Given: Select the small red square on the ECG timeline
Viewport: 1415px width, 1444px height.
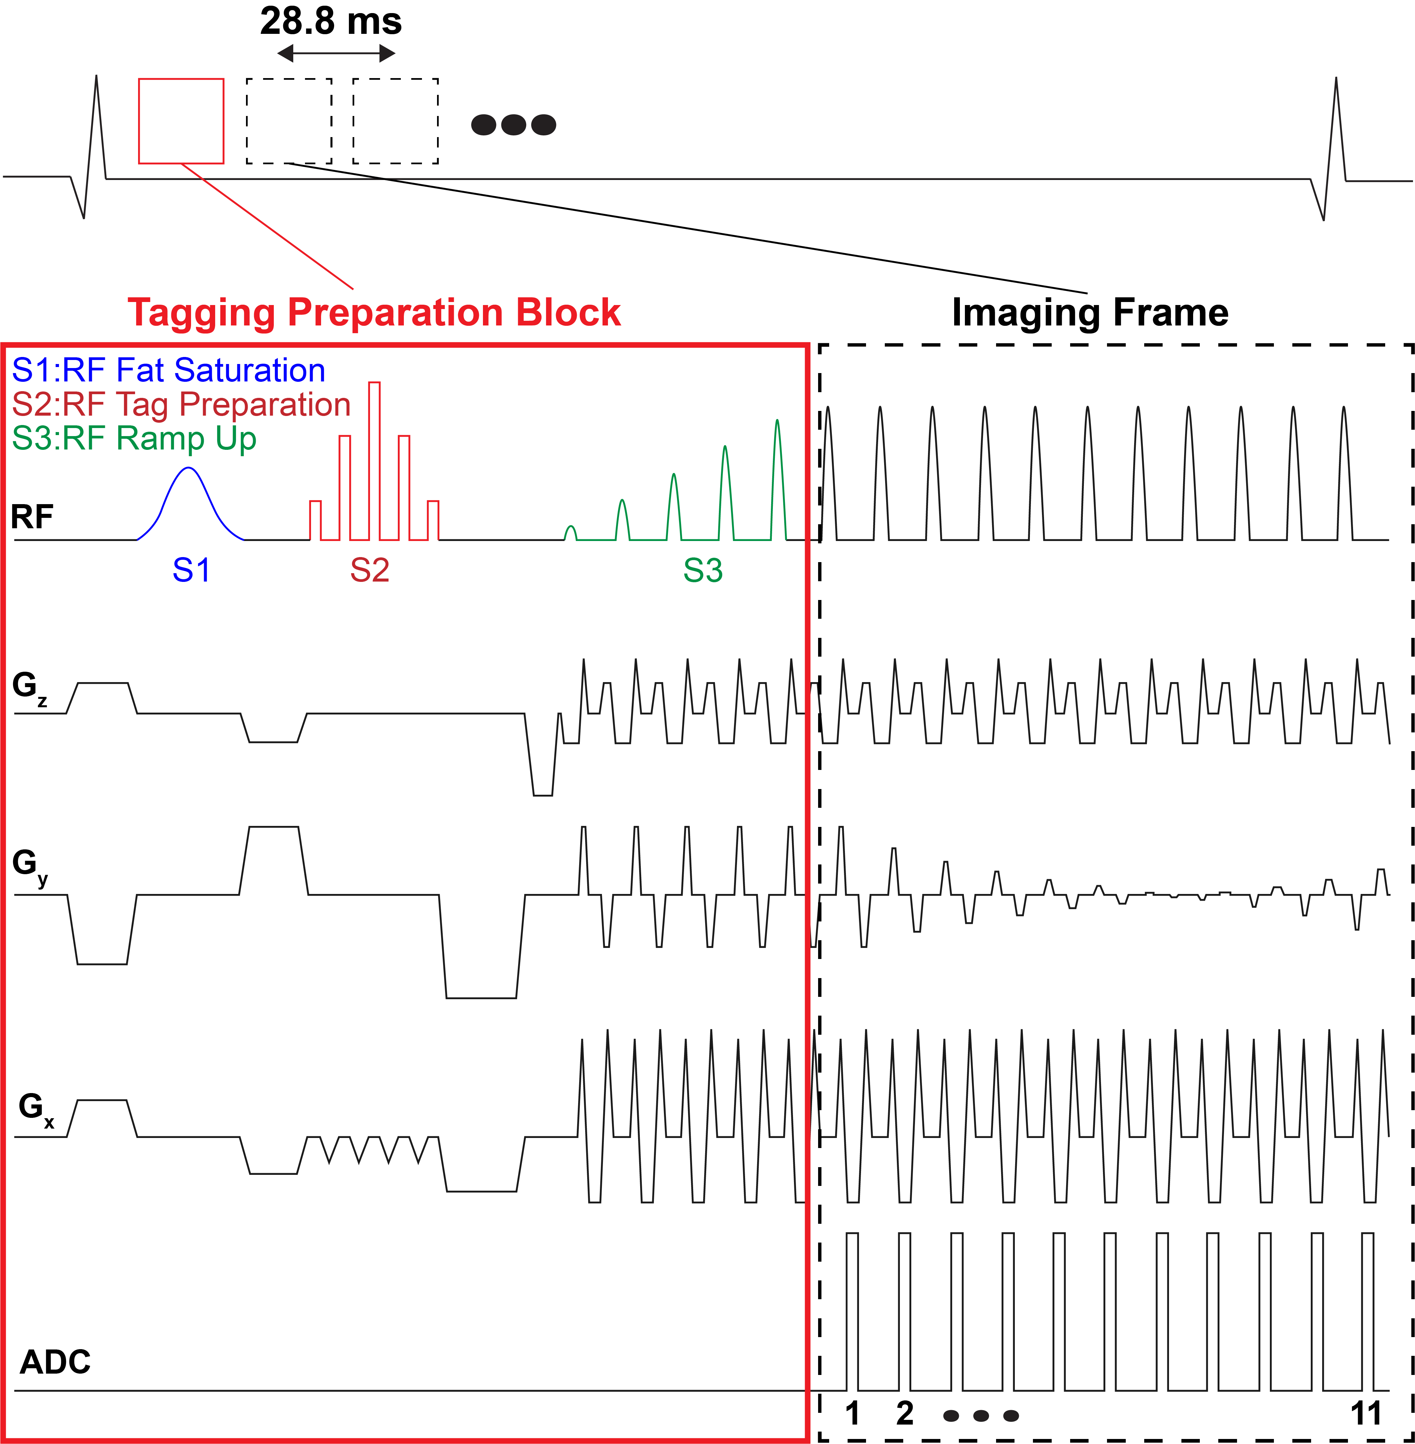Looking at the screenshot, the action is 181,120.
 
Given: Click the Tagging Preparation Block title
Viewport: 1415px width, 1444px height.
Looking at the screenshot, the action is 374,312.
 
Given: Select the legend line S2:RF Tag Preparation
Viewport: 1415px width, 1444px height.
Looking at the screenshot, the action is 181,404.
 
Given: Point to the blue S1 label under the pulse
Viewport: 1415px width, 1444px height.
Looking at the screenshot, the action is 191,571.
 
